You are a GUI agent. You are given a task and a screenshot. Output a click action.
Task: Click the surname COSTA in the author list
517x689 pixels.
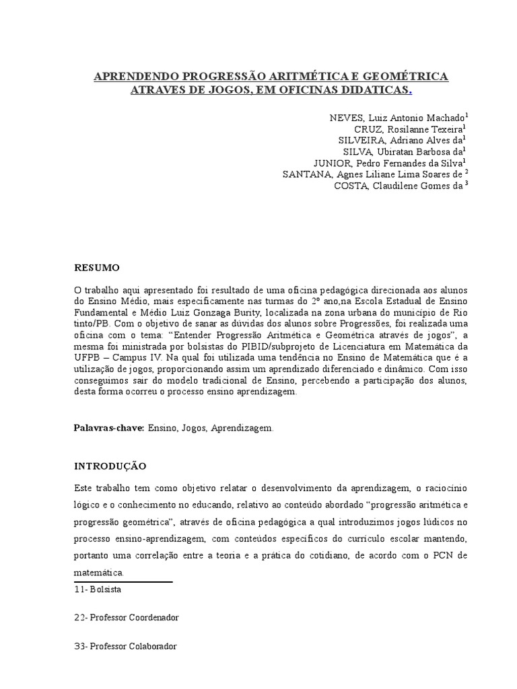pos(350,186)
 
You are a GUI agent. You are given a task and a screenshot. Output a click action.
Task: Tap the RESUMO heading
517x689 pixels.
pos(97,268)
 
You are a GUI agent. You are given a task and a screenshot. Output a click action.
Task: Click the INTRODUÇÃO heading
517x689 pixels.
pos(110,466)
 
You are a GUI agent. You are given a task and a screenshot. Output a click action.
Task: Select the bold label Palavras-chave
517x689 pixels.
pos(108,428)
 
